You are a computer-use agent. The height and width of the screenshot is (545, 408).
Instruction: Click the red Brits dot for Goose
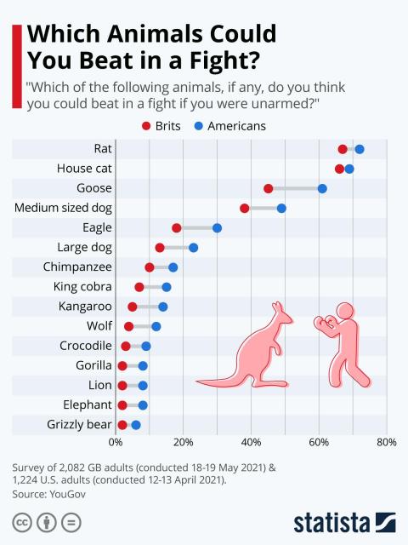coord(269,188)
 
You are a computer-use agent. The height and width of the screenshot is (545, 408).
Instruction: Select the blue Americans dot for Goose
coord(322,188)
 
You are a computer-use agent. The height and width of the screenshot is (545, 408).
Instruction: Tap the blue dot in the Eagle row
coord(217,227)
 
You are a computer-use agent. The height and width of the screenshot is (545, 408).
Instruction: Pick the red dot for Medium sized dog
coord(245,208)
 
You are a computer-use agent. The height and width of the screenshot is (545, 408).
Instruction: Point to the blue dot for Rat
coord(360,149)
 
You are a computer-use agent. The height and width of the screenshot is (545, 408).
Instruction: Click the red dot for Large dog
coord(160,248)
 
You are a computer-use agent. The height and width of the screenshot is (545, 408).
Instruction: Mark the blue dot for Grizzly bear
coord(136,424)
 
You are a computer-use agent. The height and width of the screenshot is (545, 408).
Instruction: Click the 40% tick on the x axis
coord(251,442)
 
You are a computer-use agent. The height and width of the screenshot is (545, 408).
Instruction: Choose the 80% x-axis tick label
coord(387,442)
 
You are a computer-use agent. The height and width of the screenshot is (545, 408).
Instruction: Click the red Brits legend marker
coord(146,126)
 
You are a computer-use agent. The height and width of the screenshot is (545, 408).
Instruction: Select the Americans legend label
coord(235,126)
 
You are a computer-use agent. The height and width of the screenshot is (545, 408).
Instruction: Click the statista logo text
coord(332,520)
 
